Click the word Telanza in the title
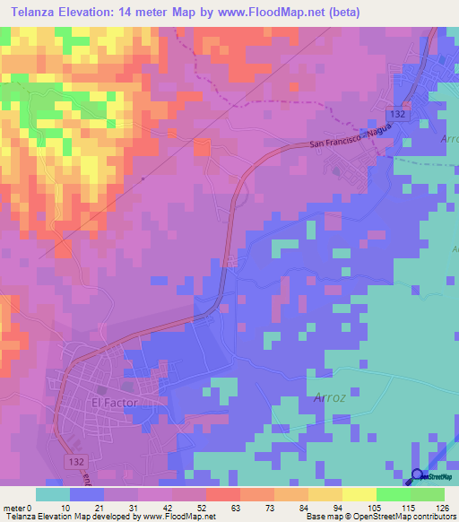point(33,12)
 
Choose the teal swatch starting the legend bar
point(52,494)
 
